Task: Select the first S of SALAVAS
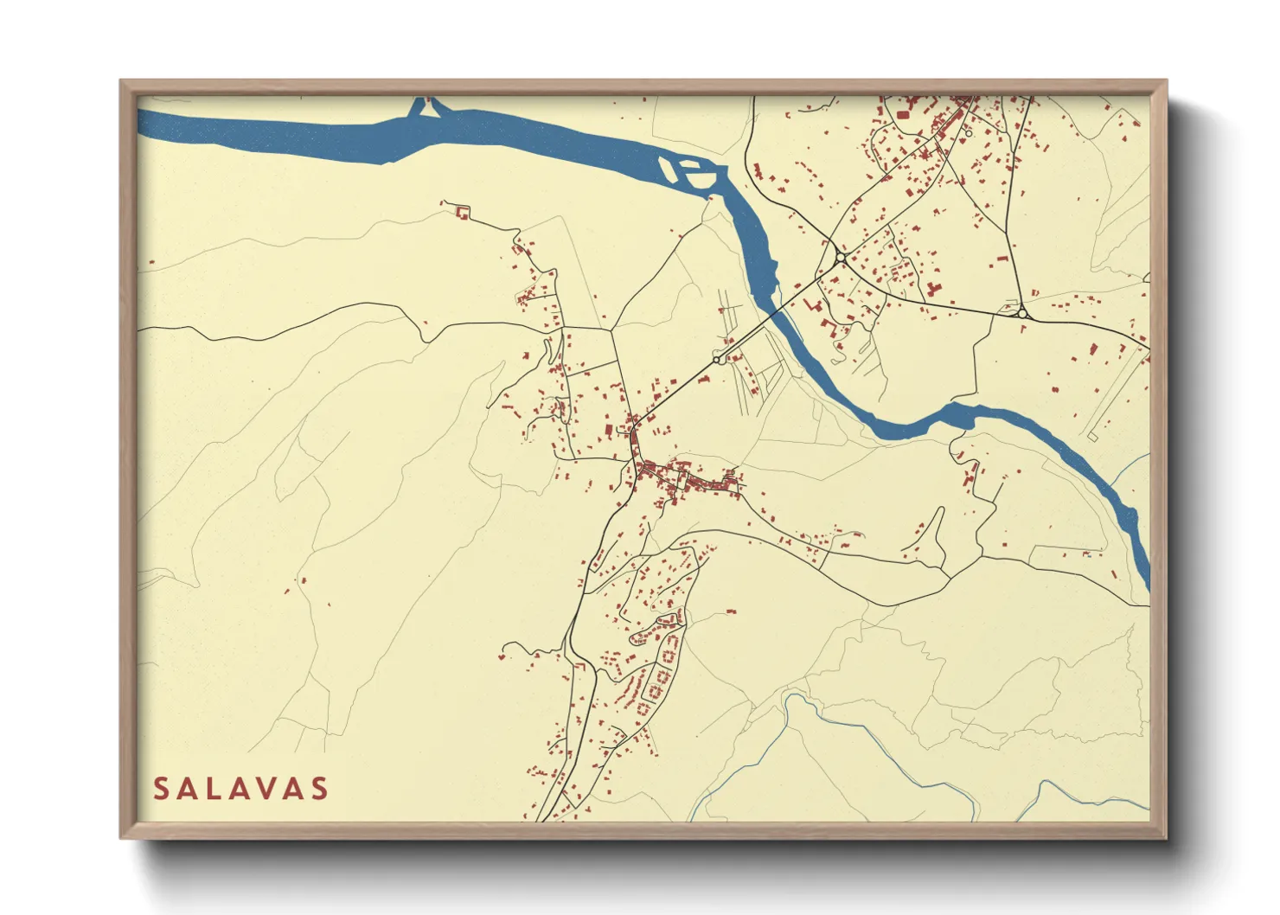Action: click(162, 789)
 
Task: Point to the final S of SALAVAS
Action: click(320, 789)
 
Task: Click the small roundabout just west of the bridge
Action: click(717, 359)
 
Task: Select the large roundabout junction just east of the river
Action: click(840, 258)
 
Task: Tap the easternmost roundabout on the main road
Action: click(1022, 314)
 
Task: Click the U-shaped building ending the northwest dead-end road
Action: click(462, 211)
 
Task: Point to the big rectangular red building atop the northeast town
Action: click(903, 114)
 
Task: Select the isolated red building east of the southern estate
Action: click(731, 612)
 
